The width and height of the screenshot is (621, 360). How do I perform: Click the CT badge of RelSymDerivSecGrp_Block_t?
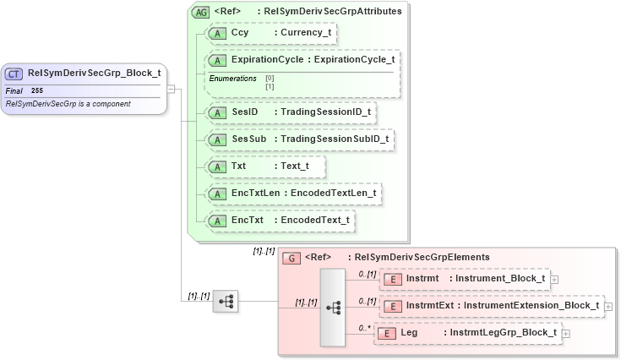point(15,73)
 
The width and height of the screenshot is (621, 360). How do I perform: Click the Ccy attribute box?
point(272,34)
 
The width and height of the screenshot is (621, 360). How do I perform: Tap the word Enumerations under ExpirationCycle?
point(232,78)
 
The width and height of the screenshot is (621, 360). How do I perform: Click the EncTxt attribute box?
point(281,220)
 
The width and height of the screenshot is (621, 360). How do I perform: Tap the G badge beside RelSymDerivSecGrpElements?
point(291,257)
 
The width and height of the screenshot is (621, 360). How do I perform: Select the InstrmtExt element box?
point(492,305)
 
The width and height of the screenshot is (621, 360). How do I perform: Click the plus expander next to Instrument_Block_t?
point(554,278)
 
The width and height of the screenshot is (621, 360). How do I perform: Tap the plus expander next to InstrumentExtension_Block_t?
point(608,306)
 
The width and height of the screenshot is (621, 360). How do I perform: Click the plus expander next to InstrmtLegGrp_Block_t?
point(566,334)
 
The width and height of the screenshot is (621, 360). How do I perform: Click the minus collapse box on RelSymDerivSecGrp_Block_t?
point(171,88)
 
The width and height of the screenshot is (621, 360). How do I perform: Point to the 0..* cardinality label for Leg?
point(364,327)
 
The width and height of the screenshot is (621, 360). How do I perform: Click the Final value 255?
point(37,90)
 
